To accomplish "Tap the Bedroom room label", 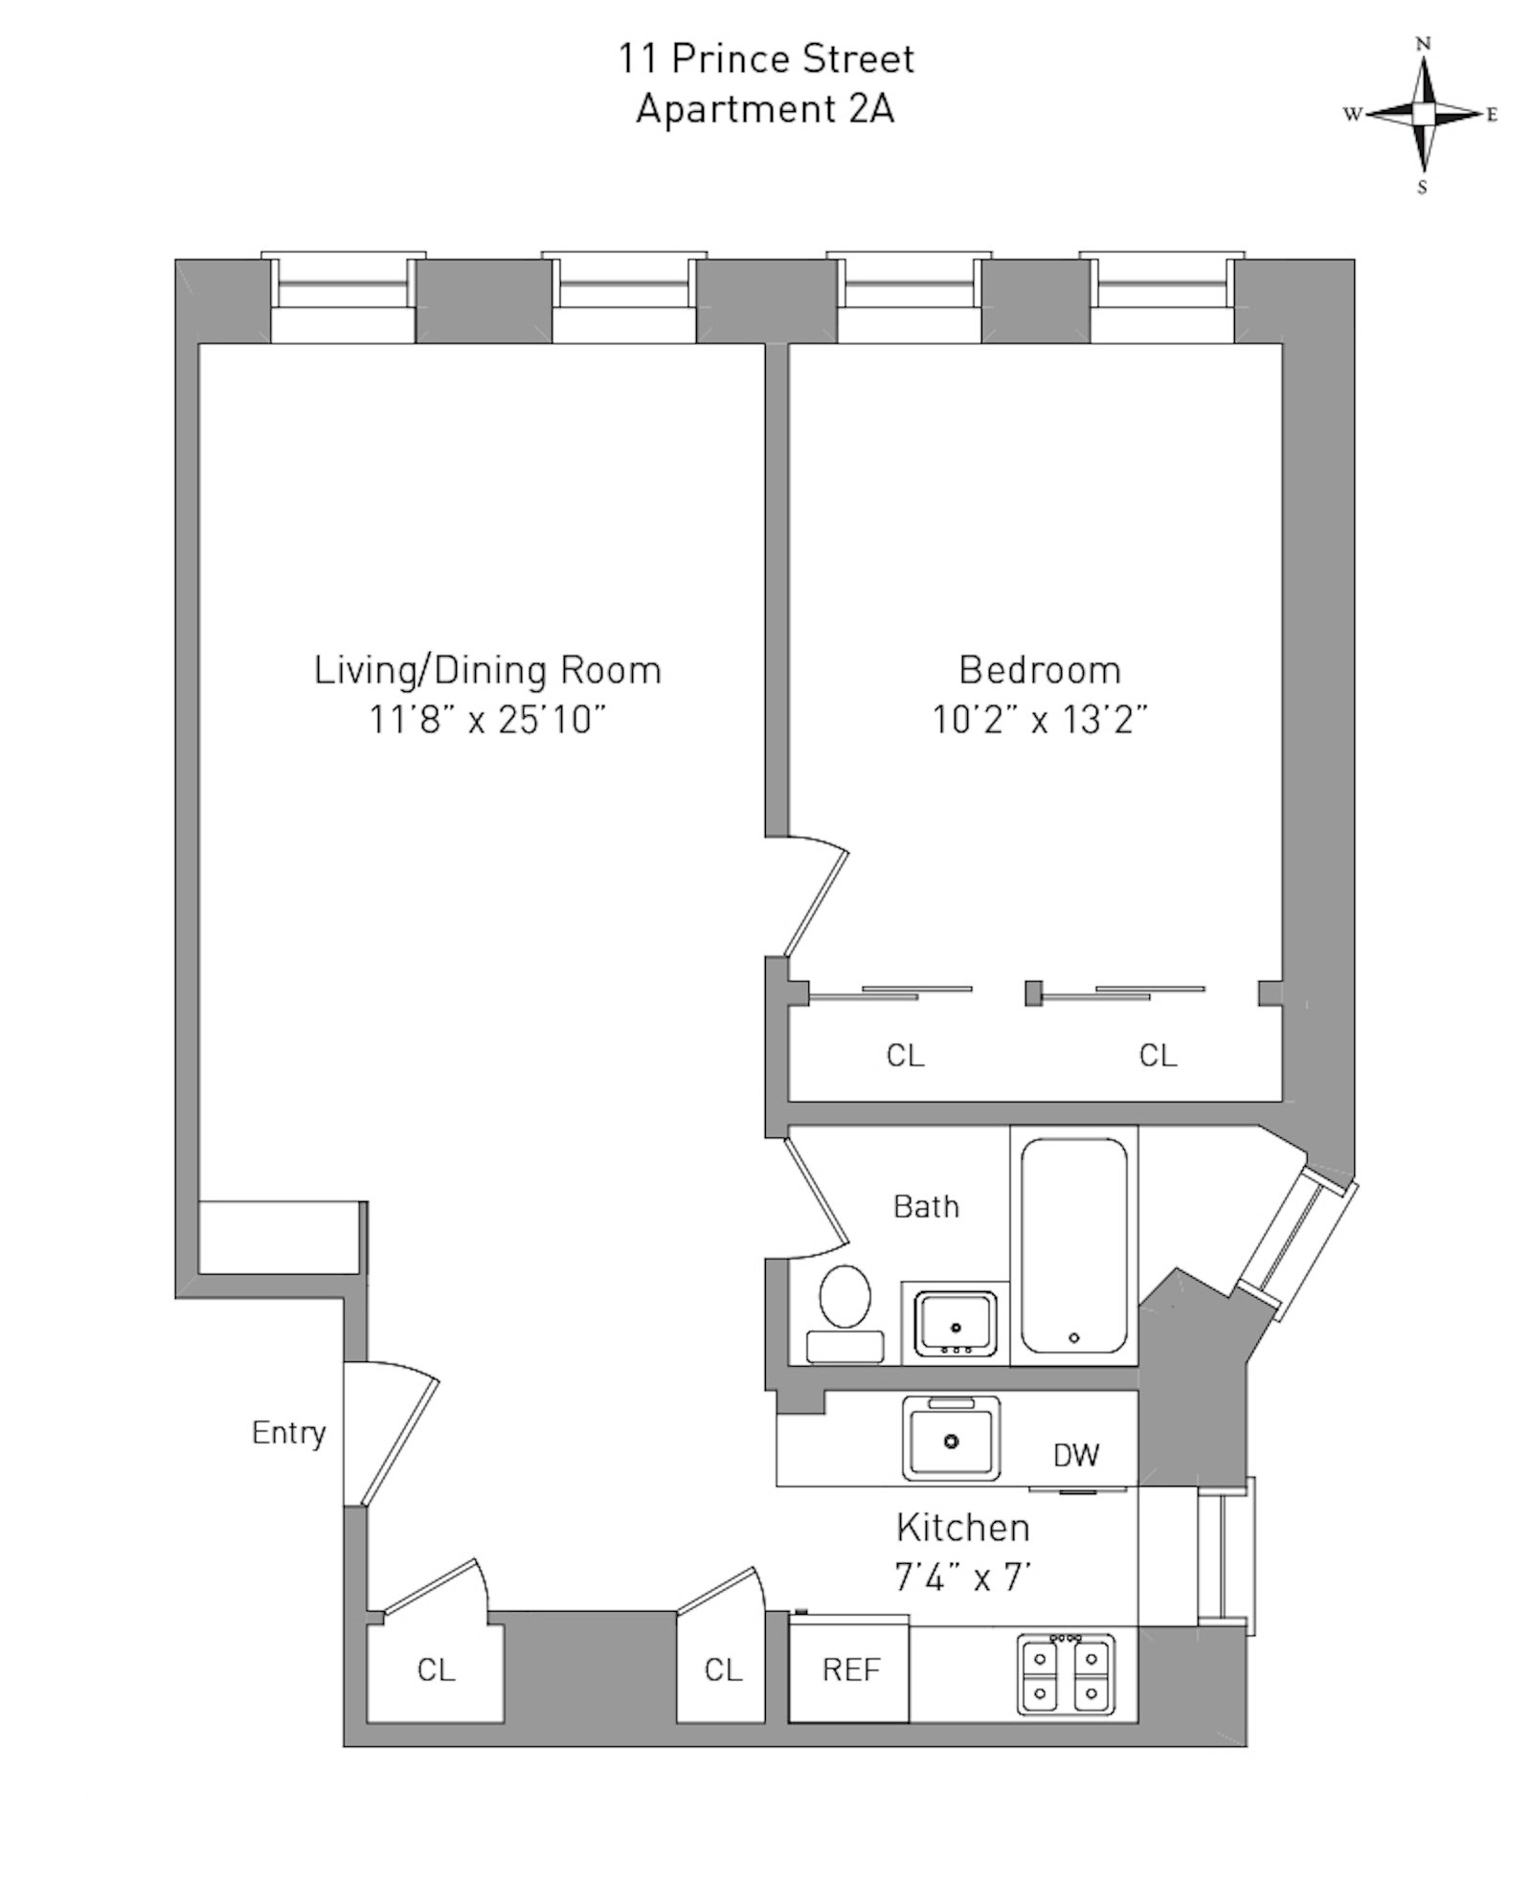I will click(1040, 670).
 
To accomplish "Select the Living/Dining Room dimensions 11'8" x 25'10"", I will click(487, 720).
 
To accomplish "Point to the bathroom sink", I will click(955, 1323).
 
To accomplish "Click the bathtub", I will click(1073, 1244).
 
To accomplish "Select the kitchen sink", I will click(951, 1438).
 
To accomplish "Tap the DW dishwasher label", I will click(1076, 1456).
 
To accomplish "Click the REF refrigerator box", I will click(849, 1670).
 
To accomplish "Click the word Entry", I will click(288, 1433).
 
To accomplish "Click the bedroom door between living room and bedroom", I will click(814, 898).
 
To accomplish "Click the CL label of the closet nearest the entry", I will click(436, 1670).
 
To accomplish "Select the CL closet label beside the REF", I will click(723, 1670).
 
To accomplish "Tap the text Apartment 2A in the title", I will click(765, 109).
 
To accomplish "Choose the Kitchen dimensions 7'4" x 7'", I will click(962, 1577).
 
